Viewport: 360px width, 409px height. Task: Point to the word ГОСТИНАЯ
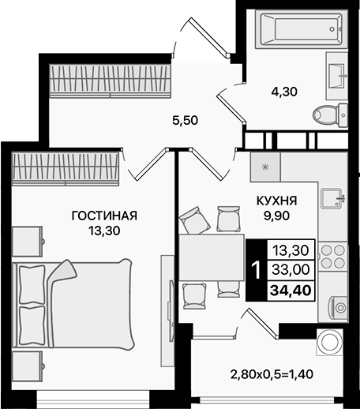click(104, 216)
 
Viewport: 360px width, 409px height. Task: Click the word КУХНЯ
click(276, 200)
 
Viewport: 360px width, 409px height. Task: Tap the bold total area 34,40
click(291, 290)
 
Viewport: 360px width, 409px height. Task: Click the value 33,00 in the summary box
click(291, 270)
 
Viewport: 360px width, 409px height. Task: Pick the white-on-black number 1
click(254, 270)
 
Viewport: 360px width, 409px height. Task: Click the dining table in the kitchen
click(211, 258)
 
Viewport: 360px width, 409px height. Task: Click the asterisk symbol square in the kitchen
click(265, 167)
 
